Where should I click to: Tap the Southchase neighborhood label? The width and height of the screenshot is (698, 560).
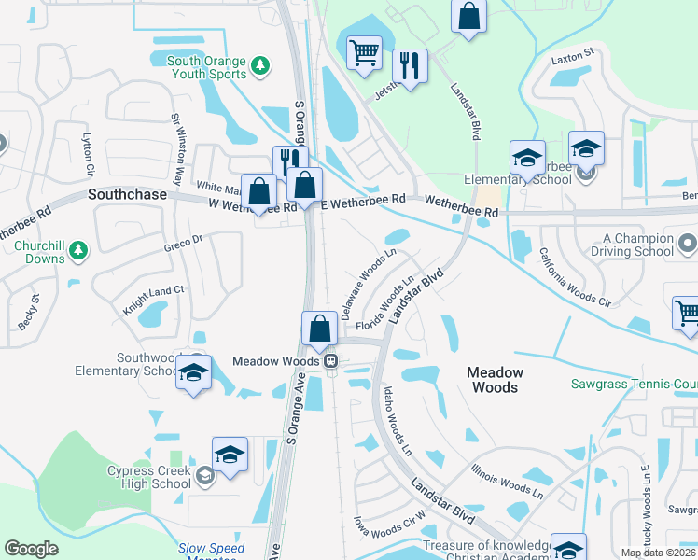pos(127,195)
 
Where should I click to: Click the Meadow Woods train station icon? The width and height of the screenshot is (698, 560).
pos(330,361)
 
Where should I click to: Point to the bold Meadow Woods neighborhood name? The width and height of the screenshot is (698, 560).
pos(495,379)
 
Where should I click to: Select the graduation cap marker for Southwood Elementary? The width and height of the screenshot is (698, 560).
pos(193,371)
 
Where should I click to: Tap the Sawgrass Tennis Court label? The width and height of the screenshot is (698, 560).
pos(634,384)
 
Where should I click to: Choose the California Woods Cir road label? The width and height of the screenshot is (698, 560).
pos(574,277)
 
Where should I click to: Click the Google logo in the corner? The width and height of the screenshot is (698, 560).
pos(31,549)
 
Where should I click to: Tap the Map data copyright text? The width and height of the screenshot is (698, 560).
pos(658,553)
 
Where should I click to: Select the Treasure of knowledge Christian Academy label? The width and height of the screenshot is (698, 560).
pos(485,552)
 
